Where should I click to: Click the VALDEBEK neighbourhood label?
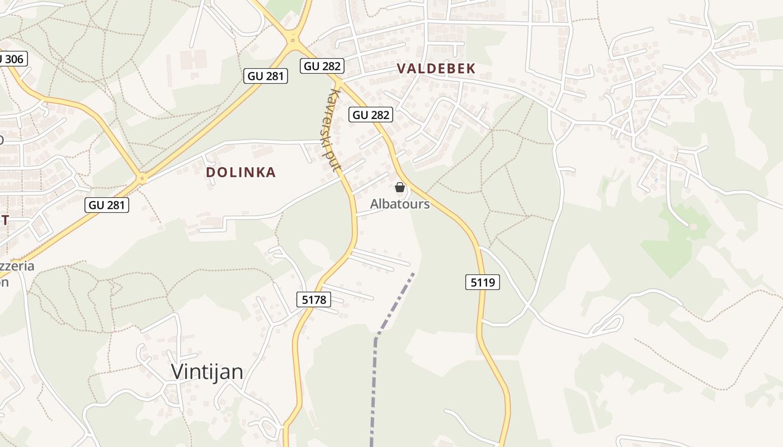(436, 69)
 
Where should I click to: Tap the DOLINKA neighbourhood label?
(241, 172)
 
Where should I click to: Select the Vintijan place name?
(207, 372)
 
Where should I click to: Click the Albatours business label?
(400, 204)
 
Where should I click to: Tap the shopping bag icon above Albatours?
(400, 187)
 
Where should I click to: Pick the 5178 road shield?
(314, 299)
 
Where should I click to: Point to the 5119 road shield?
(482, 282)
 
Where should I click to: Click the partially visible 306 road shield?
(12, 58)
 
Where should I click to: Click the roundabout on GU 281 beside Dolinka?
(142, 179)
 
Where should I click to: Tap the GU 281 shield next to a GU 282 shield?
(266, 75)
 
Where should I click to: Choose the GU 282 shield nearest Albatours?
(371, 115)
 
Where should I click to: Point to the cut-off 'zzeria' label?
(17, 266)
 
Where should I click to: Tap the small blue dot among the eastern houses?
(655, 180)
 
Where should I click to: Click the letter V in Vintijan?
(178, 372)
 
